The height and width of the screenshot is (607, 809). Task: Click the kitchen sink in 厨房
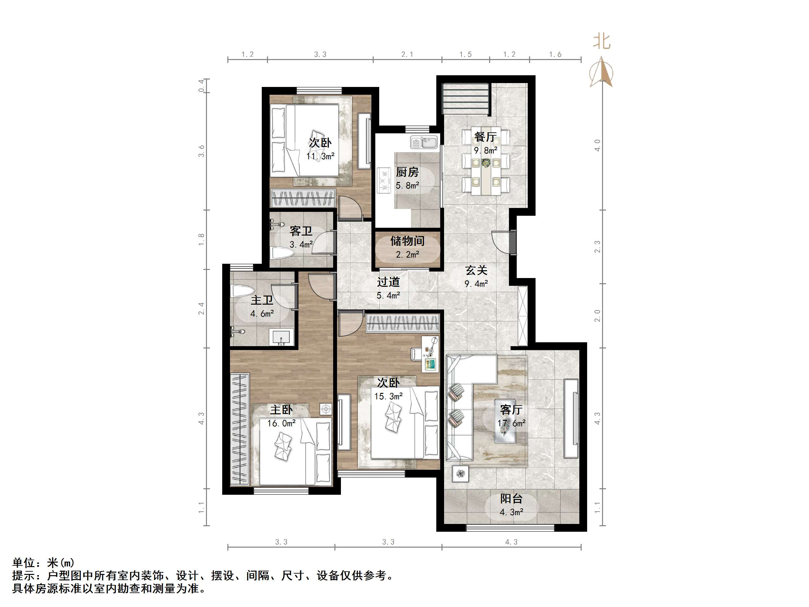[424, 142]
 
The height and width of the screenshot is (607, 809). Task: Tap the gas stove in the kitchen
[384, 180]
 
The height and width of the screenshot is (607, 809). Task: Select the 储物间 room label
[407, 241]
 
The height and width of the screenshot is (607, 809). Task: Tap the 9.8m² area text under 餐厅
[485, 151]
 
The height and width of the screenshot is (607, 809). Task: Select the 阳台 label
[511, 499]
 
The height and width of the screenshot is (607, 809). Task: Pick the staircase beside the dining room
[465, 99]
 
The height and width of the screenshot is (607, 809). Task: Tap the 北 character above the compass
[602, 41]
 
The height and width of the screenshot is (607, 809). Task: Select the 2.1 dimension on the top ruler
[407, 55]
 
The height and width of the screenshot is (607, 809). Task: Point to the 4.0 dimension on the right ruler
[597, 145]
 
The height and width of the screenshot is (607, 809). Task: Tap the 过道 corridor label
[388, 282]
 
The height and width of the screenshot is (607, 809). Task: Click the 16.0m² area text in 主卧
[281, 423]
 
